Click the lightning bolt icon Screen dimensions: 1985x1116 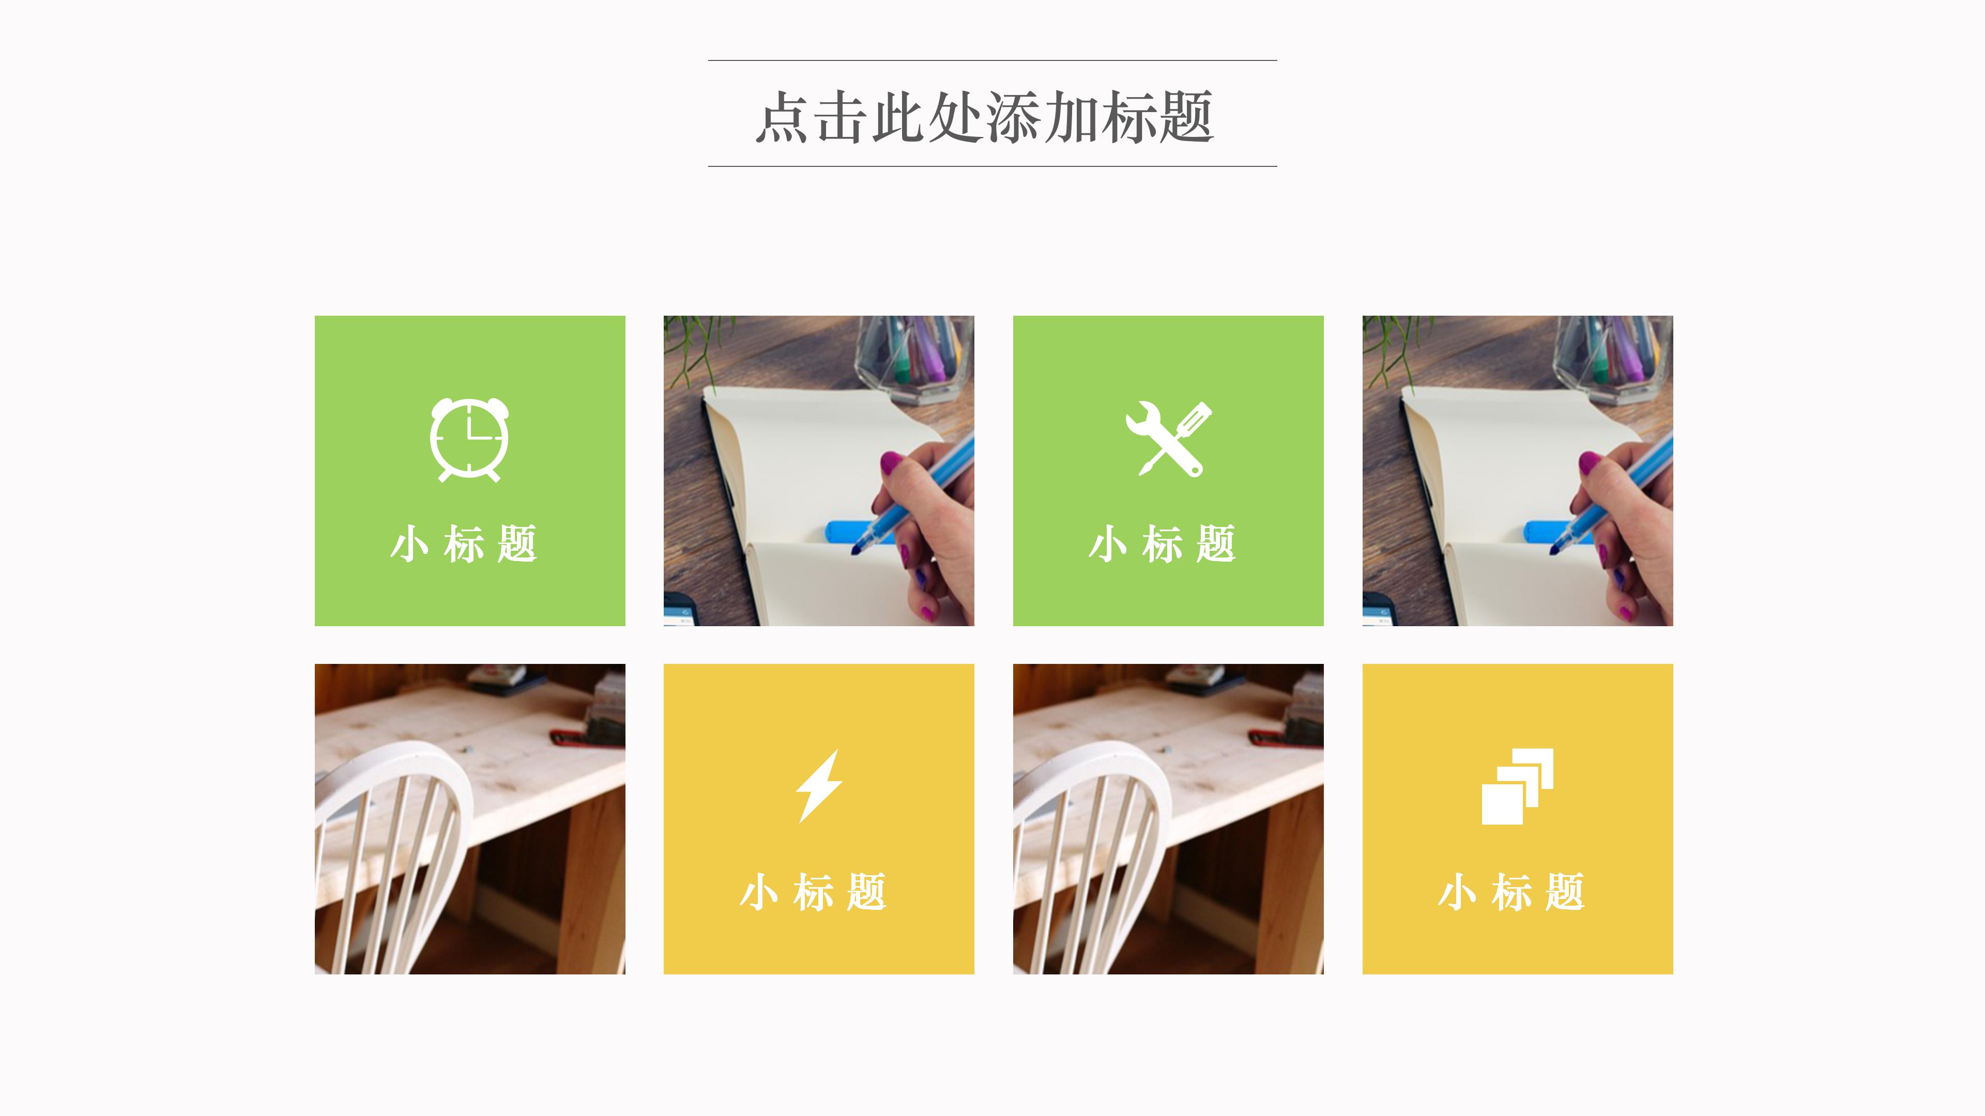click(819, 785)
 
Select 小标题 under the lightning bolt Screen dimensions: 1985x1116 click(813, 893)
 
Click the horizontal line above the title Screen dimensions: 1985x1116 click(993, 60)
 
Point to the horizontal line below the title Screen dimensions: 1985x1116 click(993, 165)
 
